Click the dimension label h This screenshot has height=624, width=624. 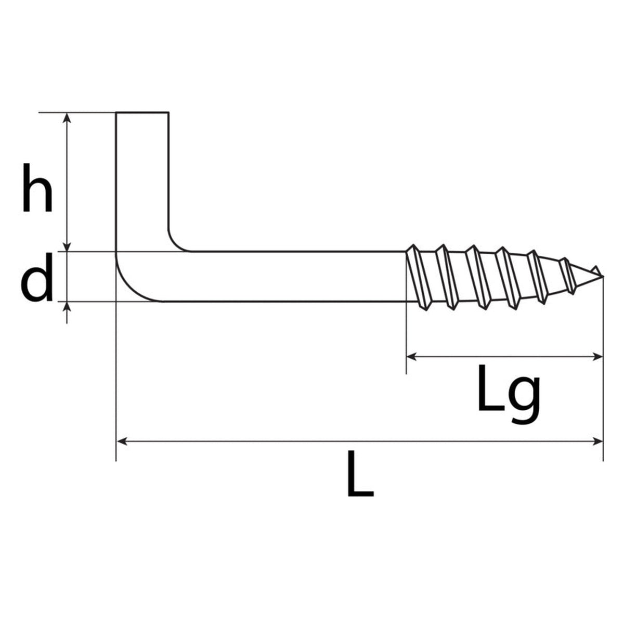tap(37, 188)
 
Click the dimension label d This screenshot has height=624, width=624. tap(36, 277)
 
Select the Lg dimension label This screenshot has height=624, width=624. tap(509, 394)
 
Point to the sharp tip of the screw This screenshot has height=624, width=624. tap(603, 276)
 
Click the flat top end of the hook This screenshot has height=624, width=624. tap(142, 112)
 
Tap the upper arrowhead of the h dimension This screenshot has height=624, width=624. tap(67, 118)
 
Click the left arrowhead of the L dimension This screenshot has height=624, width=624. tap(122, 441)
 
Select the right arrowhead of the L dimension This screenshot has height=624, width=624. tap(597, 441)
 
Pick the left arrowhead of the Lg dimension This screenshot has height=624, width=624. tap(412, 357)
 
